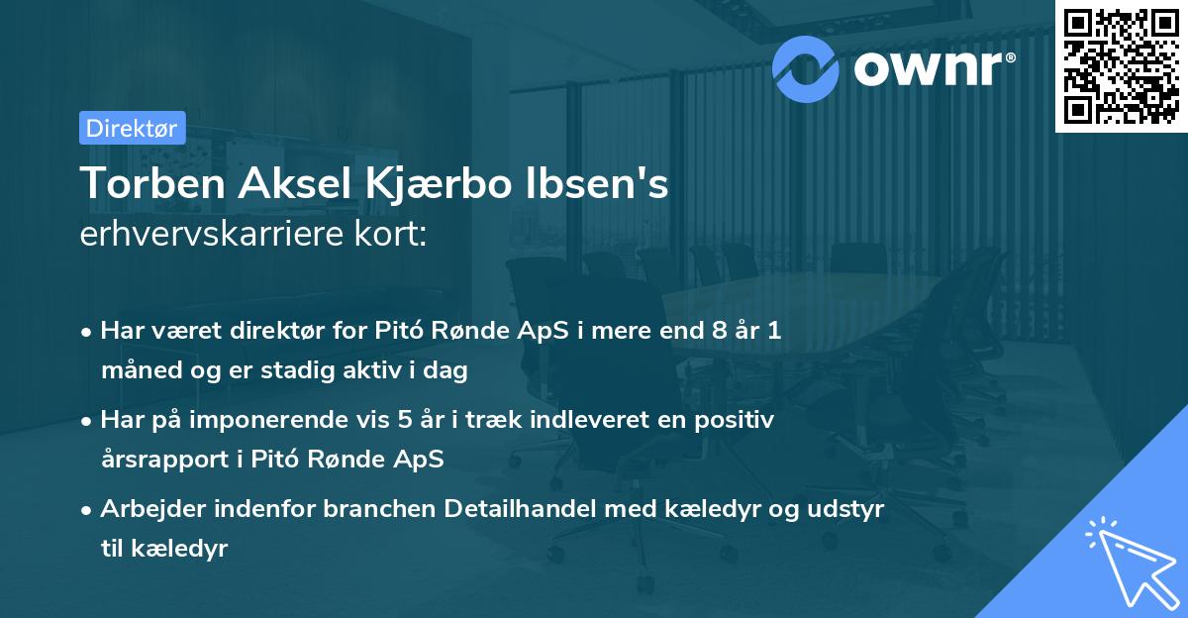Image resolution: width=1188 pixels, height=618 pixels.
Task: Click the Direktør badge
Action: pos(131,128)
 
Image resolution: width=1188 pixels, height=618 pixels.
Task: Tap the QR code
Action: pos(1121,65)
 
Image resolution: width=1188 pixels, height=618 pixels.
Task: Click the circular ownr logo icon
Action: pos(806,67)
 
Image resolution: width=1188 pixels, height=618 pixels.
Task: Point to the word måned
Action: pos(134,371)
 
